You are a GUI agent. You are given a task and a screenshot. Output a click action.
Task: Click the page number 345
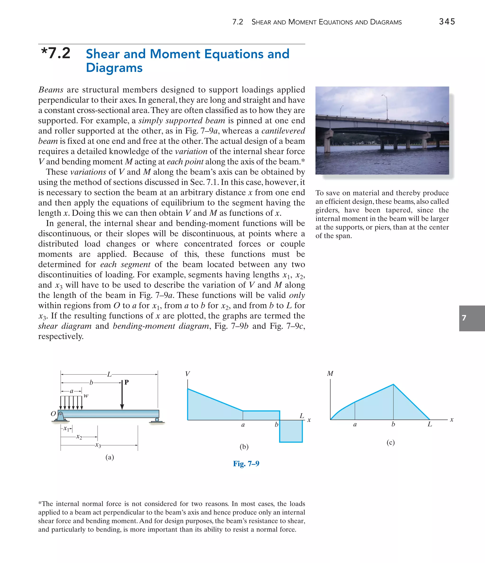pos(447,22)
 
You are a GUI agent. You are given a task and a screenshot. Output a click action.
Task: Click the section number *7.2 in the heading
pos(56,53)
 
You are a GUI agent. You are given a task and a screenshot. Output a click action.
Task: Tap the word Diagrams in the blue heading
pos(114,68)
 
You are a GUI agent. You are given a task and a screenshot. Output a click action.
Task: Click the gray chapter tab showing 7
pos(472,318)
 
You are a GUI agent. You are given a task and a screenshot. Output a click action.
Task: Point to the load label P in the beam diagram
pos(126,382)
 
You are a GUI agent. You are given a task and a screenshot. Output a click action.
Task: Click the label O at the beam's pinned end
pos(53,414)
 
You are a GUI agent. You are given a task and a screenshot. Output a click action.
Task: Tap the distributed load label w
pos(86,396)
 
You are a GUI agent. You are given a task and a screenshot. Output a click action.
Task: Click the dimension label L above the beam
pos(109,374)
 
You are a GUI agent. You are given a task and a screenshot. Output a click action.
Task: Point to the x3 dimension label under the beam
pos(98,445)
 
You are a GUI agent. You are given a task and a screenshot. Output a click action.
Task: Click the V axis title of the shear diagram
pos(188,374)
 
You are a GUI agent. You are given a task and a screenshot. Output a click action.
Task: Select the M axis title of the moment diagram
pos(330,373)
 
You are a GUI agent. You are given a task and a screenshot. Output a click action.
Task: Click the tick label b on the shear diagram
pos(276,424)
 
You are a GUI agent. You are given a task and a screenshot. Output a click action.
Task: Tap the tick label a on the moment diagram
pos(355,424)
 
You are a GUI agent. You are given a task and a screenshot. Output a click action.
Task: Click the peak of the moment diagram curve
pos(393,384)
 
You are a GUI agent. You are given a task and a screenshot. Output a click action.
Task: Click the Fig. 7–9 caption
pos(246,464)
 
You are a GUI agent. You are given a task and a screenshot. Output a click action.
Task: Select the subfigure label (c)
pos(391,442)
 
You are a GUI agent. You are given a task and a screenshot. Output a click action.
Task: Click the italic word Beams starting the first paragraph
pos(51,90)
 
